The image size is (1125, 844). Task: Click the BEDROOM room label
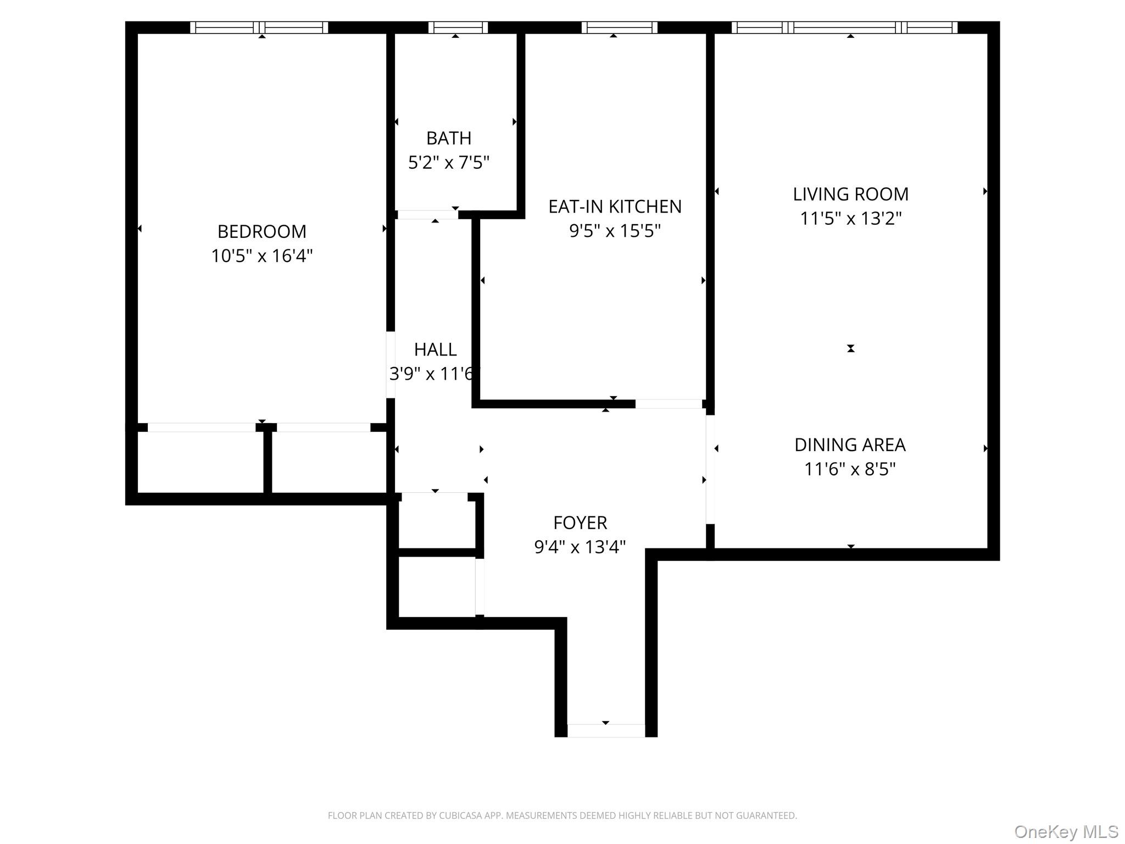[x=261, y=231]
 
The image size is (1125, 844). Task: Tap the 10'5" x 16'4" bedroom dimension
[x=261, y=256]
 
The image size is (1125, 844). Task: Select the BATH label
[x=448, y=138]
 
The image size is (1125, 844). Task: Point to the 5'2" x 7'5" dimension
[x=448, y=163]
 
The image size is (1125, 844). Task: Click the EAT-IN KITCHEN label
[x=615, y=207]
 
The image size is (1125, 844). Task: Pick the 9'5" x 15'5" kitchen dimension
[x=615, y=231]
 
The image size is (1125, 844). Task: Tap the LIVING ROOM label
[x=850, y=194]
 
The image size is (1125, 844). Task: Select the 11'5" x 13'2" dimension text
[x=850, y=219]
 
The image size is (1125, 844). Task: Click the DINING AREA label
[x=850, y=445]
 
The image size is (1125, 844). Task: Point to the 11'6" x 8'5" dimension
[x=850, y=469]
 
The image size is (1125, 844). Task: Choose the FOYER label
[x=580, y=523]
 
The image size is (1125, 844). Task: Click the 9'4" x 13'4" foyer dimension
[x=580, y=547]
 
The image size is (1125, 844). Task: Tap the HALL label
[x=435, y=349]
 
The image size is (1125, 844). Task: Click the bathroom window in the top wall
[x=458, y=27]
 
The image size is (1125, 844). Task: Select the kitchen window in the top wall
[x=619, y=27]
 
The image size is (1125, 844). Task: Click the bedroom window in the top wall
[x=259, y=27]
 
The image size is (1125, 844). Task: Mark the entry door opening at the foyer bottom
[x=605, y=730]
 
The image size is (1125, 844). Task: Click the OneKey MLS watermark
[x=1066, y=832]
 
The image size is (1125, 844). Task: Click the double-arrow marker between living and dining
[x=850, y=348]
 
